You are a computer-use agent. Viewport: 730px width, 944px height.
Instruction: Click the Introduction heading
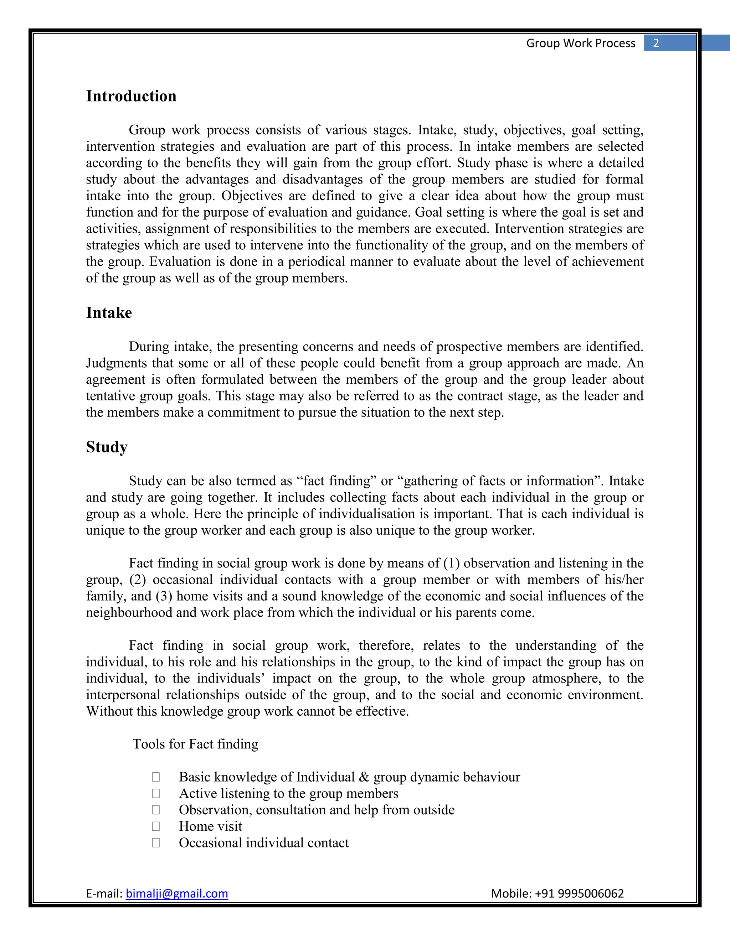click(131, 96)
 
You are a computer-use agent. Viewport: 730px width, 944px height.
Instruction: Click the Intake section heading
click(109, 312)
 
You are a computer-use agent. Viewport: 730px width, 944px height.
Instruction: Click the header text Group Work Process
click(580, 43)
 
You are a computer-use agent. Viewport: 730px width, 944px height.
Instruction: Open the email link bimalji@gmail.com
click(176, 893)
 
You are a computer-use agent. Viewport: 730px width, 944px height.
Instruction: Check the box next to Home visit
click(156, 826)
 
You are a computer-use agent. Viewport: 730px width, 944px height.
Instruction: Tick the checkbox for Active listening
click(156, 794)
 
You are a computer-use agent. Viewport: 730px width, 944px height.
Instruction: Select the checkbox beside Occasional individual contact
click(156, 843)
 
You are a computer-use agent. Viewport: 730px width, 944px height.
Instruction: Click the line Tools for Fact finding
click(195, 744)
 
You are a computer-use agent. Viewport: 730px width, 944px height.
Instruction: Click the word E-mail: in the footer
click(105, 893)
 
